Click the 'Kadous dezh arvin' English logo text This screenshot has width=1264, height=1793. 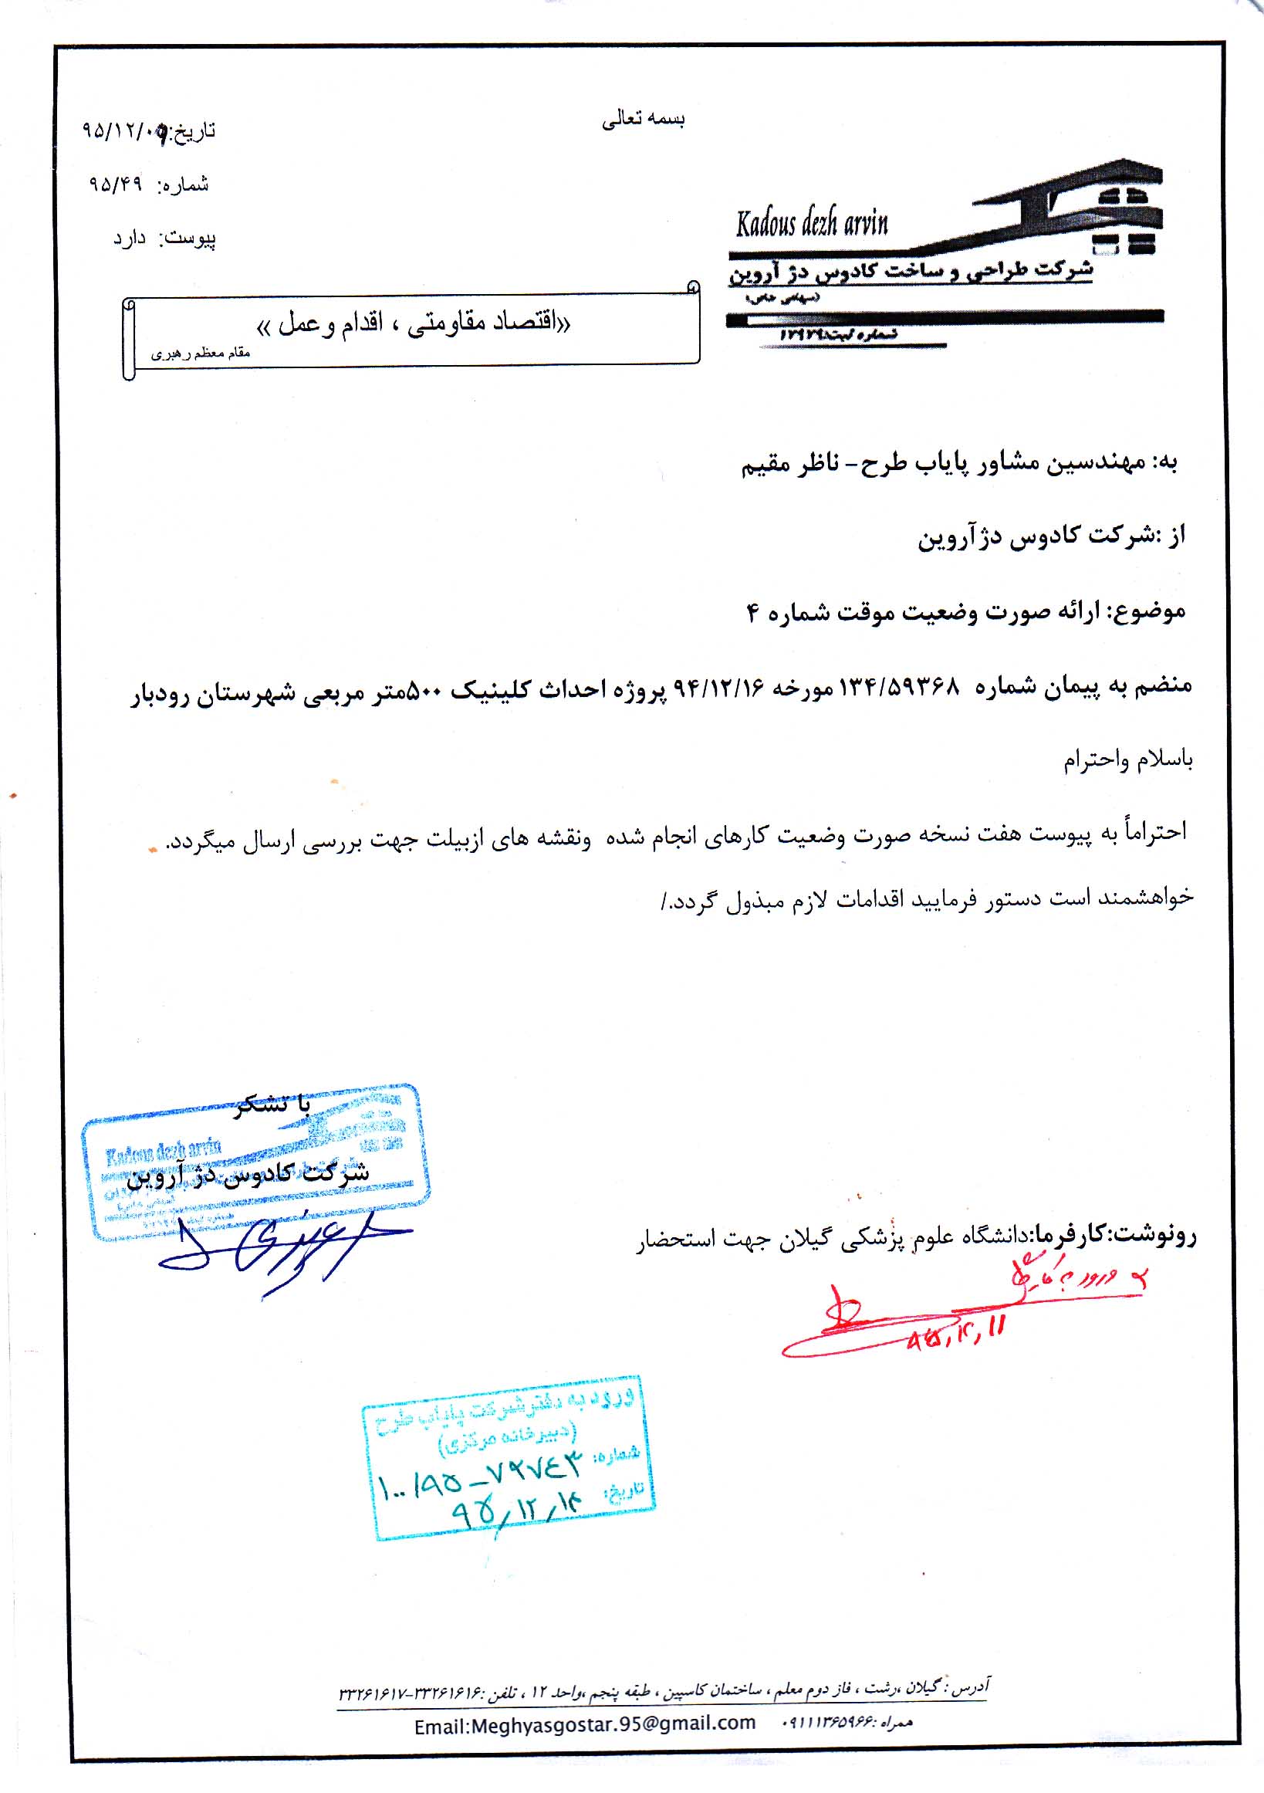coord(811,224)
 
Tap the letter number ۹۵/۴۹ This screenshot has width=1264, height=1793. coord(116,185)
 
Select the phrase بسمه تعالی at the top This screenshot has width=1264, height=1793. coord(644,119)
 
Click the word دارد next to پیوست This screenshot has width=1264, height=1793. coord(130,239)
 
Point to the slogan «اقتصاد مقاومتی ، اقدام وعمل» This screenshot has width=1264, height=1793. coord(414,323)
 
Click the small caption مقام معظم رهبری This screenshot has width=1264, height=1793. coord(200,354)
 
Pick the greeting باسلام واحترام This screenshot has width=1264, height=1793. coord(1127,759)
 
